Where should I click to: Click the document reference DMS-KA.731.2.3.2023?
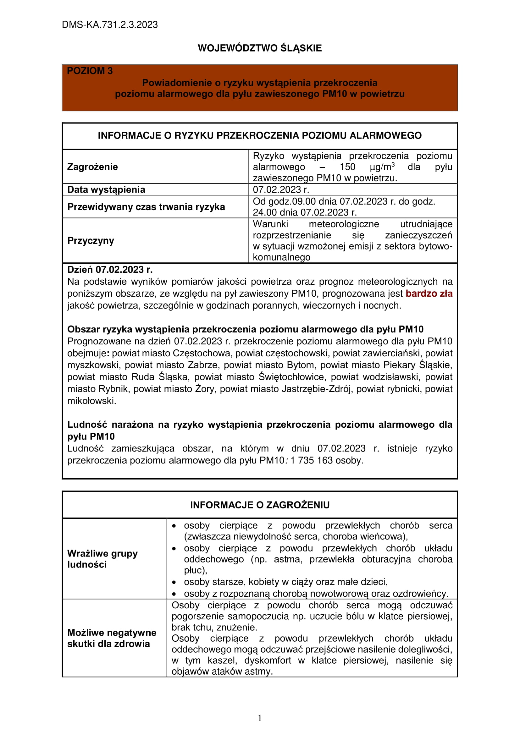point(109,25)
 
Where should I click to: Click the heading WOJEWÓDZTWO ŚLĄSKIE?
point(260,48)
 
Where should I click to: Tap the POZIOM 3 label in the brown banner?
point(90,71)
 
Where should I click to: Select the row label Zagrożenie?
point(92,167)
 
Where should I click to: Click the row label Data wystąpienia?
point(106,189)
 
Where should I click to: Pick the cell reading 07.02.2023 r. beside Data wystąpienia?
point(281,189)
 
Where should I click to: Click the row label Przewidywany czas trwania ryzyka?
point(146,207)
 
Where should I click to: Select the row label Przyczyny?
point(91,240)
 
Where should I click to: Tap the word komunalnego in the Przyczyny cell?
point(281,257)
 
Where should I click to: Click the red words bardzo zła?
point(429,293)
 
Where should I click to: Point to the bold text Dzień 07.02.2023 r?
point(110,270)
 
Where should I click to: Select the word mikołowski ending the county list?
point(91,400)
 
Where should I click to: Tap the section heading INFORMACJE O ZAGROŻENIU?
point(260,505)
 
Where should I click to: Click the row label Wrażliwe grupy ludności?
point(102,559)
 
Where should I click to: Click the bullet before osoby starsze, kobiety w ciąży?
point(174,582)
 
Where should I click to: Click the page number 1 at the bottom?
point(260,718)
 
